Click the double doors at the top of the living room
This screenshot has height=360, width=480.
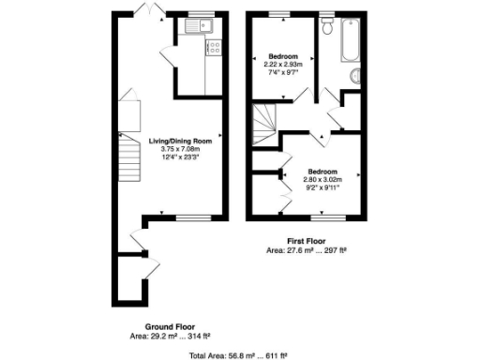[146, 9]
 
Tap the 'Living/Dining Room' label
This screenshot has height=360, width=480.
[180, 142]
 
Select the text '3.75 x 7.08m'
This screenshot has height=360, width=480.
[180, 149]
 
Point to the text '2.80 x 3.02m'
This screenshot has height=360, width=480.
[323, 179]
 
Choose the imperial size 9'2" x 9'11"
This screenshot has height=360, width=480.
[323, 187]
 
